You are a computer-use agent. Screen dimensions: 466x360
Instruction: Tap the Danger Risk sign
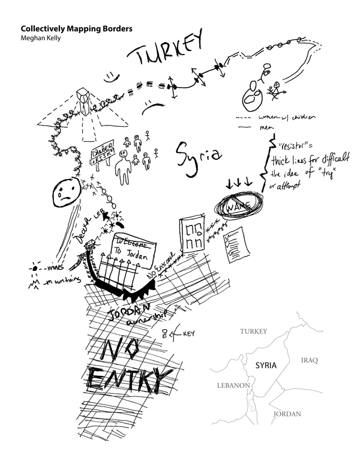click(x=103, y=154)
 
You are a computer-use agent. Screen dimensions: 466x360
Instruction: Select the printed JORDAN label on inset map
click(x=286, y=414)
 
